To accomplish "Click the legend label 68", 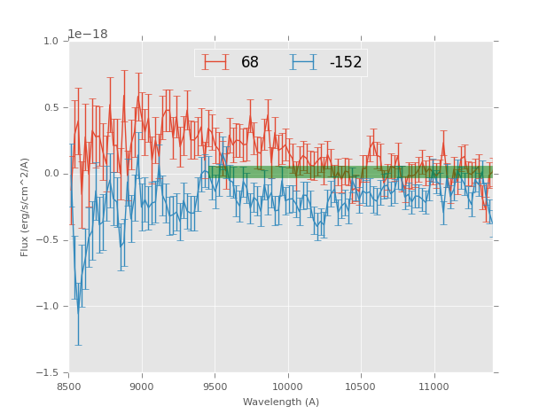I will click(x=250, y=63).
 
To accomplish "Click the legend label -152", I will click(x=345, y=63).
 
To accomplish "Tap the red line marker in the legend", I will click(x=215, y=63).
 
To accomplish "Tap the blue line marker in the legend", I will click(x=302, y=63).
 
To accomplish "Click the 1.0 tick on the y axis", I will click(x=51, y=42).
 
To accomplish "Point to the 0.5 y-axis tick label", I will click(x=51, y=108).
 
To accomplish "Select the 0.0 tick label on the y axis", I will click(x=51, y=174).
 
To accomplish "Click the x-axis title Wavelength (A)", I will click(x=281, y=402).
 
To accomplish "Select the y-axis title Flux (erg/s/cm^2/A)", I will click(x=26, y=207).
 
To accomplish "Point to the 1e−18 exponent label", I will click(x=88, y=35).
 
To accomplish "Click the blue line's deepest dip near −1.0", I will click(x=77, y=312).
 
